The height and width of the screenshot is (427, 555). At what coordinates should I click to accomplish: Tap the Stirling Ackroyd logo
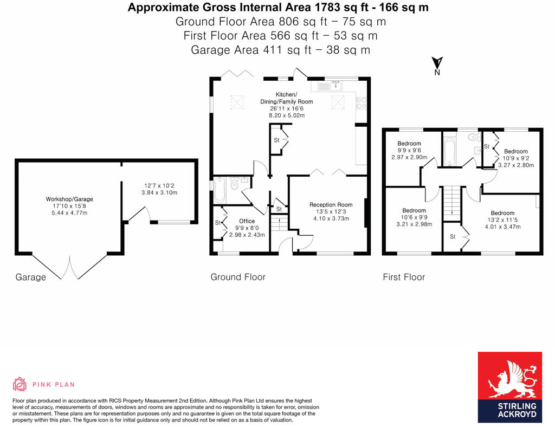pos(509,387)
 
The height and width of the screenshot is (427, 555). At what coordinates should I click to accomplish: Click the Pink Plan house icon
pos(20,384)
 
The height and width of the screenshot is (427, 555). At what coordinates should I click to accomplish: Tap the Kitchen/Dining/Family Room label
pos(294,101)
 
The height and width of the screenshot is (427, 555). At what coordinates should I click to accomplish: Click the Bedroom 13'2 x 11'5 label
pos(502,217)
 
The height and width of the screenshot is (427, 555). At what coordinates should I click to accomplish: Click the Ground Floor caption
pos(238,277)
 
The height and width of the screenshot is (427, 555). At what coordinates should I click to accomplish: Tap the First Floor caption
pos(404,277)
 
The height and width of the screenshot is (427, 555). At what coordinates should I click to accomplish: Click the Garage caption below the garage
pos(30,277)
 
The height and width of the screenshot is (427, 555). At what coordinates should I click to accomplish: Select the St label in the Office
pos(218,223)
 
